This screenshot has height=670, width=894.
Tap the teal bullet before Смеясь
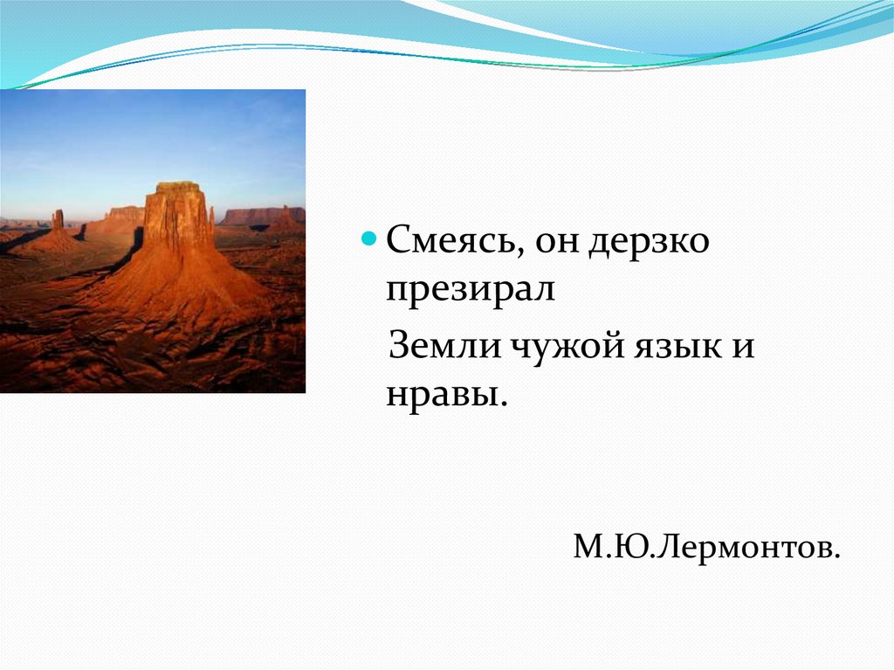(x=369, y=238)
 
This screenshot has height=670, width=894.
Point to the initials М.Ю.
(x=611, y=546)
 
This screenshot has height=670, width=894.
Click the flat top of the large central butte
(x=178, y=187)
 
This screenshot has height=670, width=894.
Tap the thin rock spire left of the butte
(x=58, y=220)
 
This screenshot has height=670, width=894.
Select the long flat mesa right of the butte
(x=262, y=216)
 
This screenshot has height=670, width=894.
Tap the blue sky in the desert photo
(x=153, y=137)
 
